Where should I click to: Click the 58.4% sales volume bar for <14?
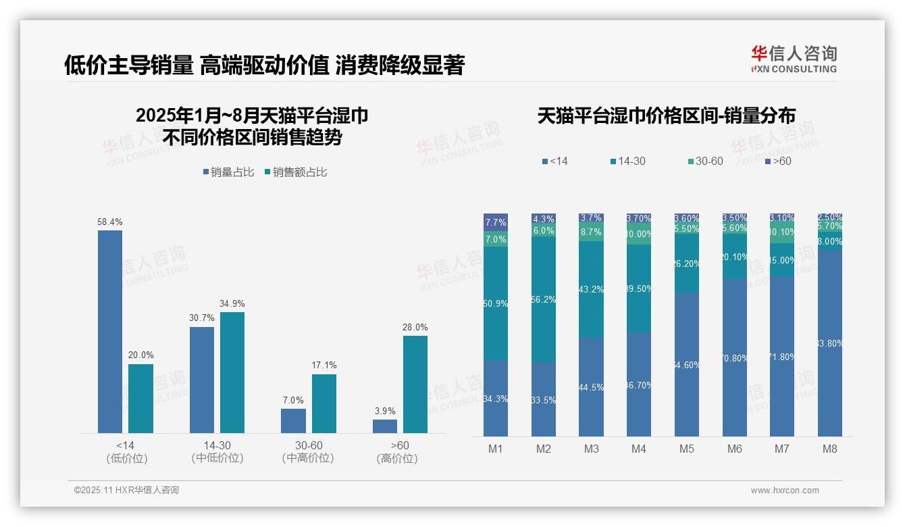110,331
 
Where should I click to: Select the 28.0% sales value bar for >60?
415,384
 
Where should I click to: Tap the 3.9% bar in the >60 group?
385,426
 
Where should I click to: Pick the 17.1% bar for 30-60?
324,403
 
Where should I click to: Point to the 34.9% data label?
232,303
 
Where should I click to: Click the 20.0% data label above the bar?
140,355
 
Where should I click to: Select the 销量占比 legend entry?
229,172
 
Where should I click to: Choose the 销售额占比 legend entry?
296,172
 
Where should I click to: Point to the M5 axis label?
687,449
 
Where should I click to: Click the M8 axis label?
830,449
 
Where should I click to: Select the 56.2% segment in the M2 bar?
544,299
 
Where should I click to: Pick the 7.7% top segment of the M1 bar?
496,222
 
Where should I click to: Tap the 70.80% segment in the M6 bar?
735,357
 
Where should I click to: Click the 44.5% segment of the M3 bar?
592,386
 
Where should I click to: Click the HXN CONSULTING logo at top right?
794,59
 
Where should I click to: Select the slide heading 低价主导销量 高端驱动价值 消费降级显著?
264,66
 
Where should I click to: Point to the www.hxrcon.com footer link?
785,491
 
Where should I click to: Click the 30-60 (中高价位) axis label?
308,452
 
